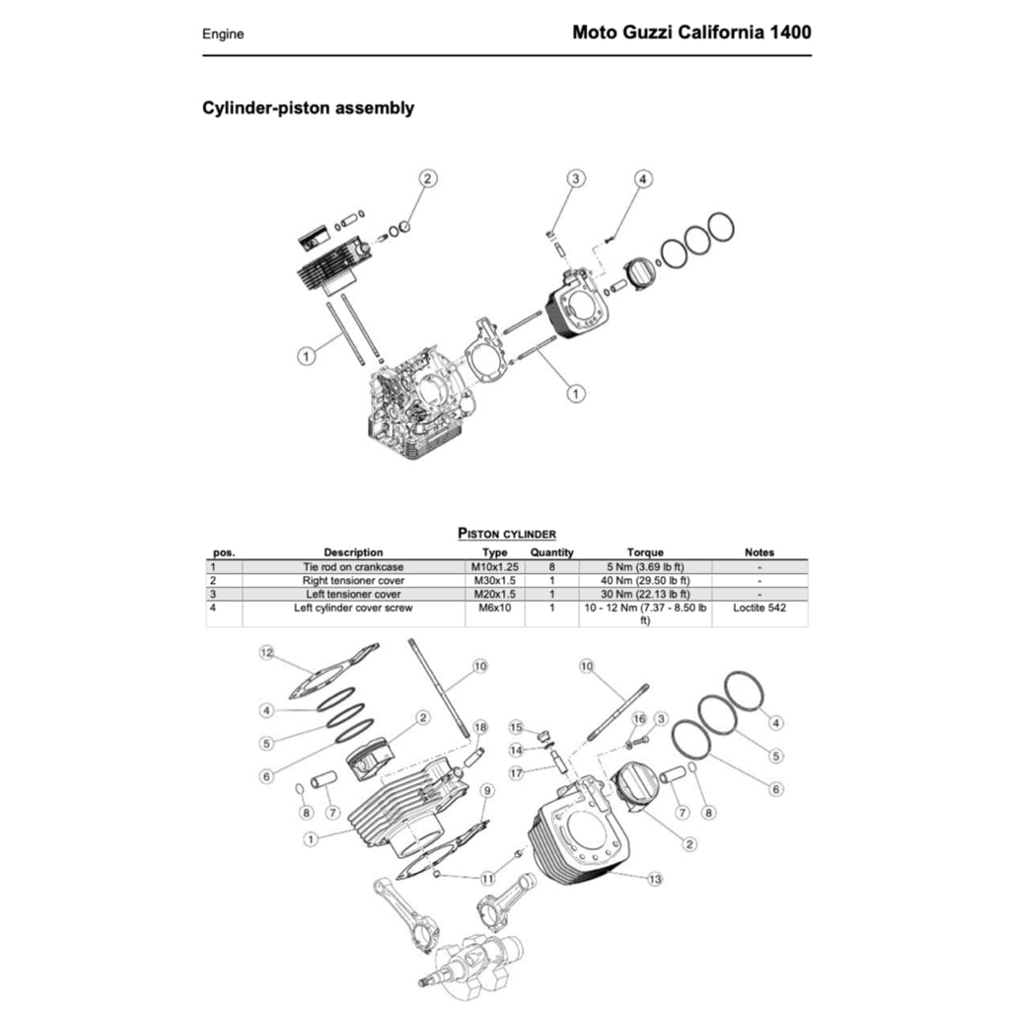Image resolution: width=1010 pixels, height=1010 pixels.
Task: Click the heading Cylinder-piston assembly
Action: click(308, 108)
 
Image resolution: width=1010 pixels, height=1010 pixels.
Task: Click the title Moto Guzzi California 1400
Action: click(691, 32)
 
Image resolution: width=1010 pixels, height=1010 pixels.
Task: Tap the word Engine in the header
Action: click(223, 34)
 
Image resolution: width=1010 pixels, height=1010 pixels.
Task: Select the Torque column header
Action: click(645, 552)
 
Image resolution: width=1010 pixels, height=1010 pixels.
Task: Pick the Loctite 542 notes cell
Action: click(759, 609)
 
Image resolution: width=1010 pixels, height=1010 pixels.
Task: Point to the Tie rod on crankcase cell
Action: click(353, 567)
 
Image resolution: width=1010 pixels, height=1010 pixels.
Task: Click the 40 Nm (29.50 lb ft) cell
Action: click(645, 581)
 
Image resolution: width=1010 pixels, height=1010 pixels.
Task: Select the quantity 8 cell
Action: click(551, 567)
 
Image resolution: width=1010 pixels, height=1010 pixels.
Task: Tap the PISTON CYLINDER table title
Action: click(507, 534)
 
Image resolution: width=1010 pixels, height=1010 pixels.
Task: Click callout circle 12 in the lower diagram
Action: click(265, 653)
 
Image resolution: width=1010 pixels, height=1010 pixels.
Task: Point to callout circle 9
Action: click(487, 790)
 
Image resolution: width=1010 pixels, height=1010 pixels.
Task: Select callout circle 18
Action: click(480, 727)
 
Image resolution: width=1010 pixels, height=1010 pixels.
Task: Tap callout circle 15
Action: click(515, 727)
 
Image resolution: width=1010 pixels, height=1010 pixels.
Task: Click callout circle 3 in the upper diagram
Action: click(576, 179)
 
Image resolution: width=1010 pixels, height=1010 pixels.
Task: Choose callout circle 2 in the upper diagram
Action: click(427, 179)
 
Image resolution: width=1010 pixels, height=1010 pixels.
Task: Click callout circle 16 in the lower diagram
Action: click(639, 718)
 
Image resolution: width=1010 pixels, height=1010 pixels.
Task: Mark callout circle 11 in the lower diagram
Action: click(487, 877)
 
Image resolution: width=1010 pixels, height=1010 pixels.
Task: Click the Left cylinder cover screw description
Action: click(353, 609)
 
